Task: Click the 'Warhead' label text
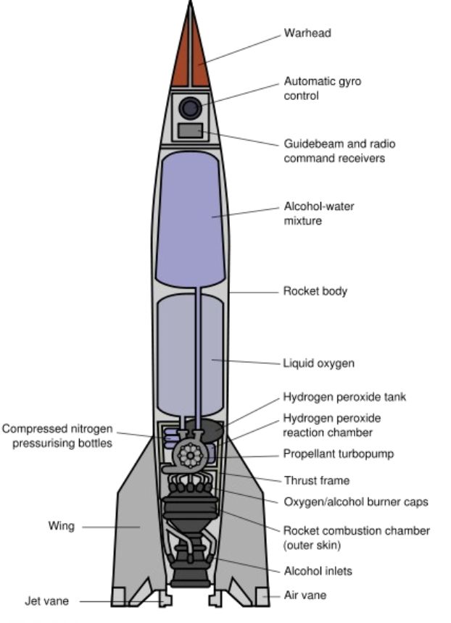point(307,33)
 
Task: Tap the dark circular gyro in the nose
point(190,108)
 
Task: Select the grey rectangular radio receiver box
point(190,130)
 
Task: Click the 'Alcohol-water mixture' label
point(319,214)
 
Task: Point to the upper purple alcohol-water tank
point(190,219)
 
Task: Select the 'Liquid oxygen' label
point(318,363)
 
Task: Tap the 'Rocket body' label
point(315,290)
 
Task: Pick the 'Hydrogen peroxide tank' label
point(344,396)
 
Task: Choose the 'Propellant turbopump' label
point(339,453)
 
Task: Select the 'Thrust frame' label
point(317,480)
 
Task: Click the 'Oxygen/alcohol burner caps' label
point(356,502)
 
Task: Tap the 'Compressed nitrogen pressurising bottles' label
point(58,436)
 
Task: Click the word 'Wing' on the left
point(61,526)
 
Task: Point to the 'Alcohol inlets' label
point(318,571)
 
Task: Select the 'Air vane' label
point(305,595)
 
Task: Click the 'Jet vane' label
point(46,601)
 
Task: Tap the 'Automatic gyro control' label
point(323,88)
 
